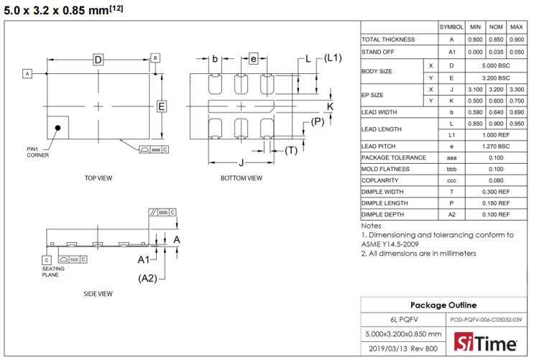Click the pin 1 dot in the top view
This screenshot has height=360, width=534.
coord(57,127)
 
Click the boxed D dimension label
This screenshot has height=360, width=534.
coord(98,60)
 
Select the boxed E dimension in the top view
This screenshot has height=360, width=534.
coord(162,107)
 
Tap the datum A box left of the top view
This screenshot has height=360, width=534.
coord(27,73)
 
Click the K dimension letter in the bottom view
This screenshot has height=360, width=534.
coord(331,106)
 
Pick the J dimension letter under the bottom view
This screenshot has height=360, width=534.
coord(241,163)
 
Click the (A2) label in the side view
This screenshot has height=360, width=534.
coord(148,278)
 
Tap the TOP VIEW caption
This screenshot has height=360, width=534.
coord(98,177)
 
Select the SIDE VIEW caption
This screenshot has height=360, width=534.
coord(98,293)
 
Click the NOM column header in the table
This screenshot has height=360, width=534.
coord(495,27)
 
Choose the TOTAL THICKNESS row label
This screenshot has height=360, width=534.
coord(389,40)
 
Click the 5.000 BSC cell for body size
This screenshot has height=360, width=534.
coord(495,65)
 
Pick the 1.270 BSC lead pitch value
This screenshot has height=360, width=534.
coord(495,146)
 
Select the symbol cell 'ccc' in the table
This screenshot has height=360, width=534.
coord(451,180)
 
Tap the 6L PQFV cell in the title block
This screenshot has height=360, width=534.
coord(403,320)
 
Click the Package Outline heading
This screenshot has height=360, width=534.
coord(443,305)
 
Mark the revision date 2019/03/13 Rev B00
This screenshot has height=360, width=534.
coord(403,349)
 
